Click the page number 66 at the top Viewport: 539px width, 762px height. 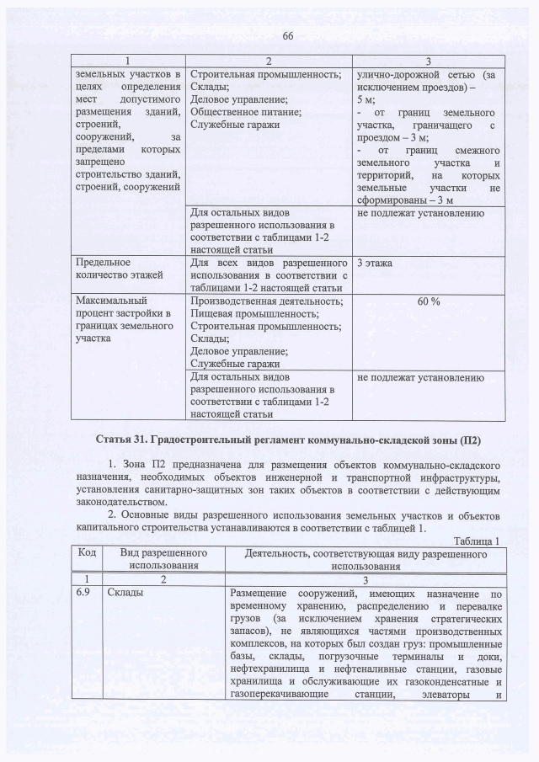(x=286, y=35)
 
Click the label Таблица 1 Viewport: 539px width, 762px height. (x=477, y=541)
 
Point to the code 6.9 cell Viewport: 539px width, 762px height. (x=85, y=594)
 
